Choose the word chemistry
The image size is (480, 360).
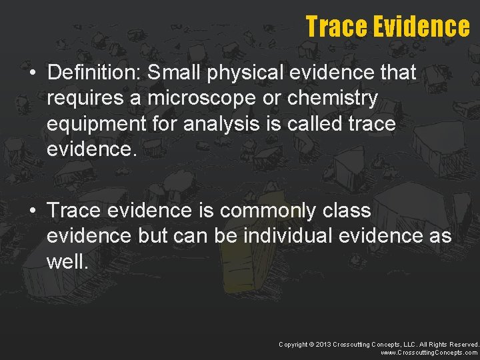[335, 98]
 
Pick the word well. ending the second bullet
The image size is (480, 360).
[67, 261]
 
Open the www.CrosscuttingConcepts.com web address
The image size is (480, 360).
[429, 352]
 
